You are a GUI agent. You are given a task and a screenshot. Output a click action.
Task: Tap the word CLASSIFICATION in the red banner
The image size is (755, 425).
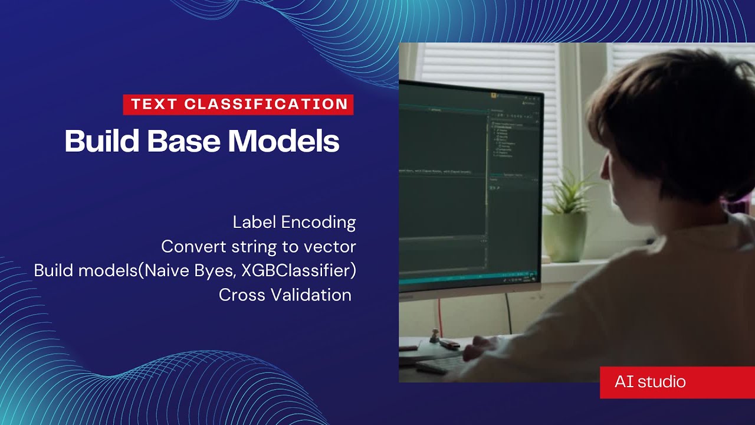pyautogui.click(x=266, y=104)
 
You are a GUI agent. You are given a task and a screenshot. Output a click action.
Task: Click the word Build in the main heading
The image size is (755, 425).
pyautogui.click(x=101, y=142)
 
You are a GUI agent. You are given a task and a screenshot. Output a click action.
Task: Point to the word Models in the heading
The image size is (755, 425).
pyautogui.click(x=284, y=142)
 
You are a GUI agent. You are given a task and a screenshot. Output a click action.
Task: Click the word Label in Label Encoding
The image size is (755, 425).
pyautogui.click(x=254, y=223)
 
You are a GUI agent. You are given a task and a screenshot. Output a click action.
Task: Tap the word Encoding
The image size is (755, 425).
pyautogui.click(x=319, y=223)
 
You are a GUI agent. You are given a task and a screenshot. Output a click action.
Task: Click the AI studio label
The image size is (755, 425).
pyautogui.click(x=650, y=382)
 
